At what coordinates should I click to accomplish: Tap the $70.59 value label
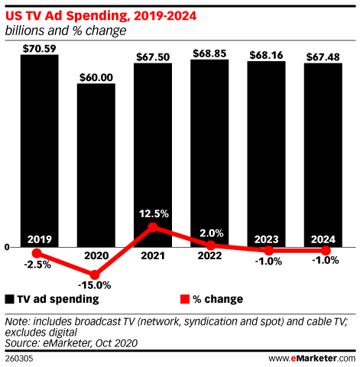(39, 47)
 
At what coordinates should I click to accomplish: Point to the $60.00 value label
(96, 76)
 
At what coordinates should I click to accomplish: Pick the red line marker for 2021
(153, 227)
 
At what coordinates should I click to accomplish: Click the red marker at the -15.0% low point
(96, 274)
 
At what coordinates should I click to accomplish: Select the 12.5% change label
(153, 213)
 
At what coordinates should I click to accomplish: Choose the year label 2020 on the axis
(96, 258)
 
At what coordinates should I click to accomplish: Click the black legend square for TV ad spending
(10, 299)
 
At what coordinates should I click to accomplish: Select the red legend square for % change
(183, 299)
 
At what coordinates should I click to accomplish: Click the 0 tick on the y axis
(6, 247)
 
